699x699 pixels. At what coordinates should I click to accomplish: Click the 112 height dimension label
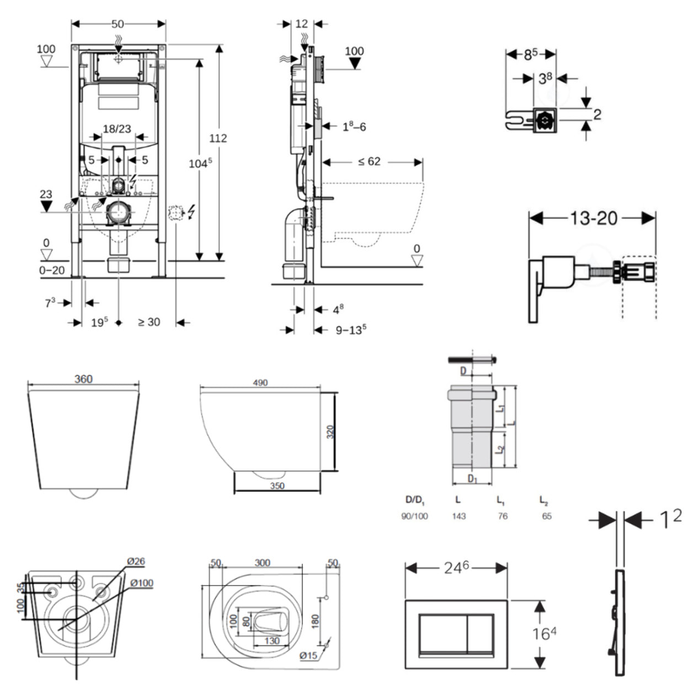tap(218, 138)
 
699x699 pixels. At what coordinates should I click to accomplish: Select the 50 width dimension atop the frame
tap(118, 24)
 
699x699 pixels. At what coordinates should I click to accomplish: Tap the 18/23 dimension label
tap(117, 129)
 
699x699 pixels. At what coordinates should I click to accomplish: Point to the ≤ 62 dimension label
tap(369, 162)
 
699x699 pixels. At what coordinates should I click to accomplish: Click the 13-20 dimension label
tap(593, 218)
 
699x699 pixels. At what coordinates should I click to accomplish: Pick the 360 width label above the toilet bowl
tap(83, 379)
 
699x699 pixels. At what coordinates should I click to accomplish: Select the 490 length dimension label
tap(260, 382)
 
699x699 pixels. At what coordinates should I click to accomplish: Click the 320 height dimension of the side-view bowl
tap(330, 431)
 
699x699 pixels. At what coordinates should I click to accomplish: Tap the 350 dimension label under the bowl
tap(277, 485)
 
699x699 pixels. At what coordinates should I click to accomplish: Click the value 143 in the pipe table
tap(458, 516)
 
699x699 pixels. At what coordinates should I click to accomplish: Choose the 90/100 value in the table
tap(414, 516)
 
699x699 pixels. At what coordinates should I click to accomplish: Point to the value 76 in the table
tap(502, 516)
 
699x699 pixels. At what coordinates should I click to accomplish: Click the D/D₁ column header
tap(415, 500)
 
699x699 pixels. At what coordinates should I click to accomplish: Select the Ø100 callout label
tap(142, 583)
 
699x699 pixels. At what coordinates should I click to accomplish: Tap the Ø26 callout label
tap(136, 562)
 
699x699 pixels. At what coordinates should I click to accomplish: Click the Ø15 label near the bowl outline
tap(308, 655)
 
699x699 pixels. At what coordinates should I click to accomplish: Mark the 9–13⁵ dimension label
tap(351, 330)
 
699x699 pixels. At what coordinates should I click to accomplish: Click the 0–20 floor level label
tap(52, 270)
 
